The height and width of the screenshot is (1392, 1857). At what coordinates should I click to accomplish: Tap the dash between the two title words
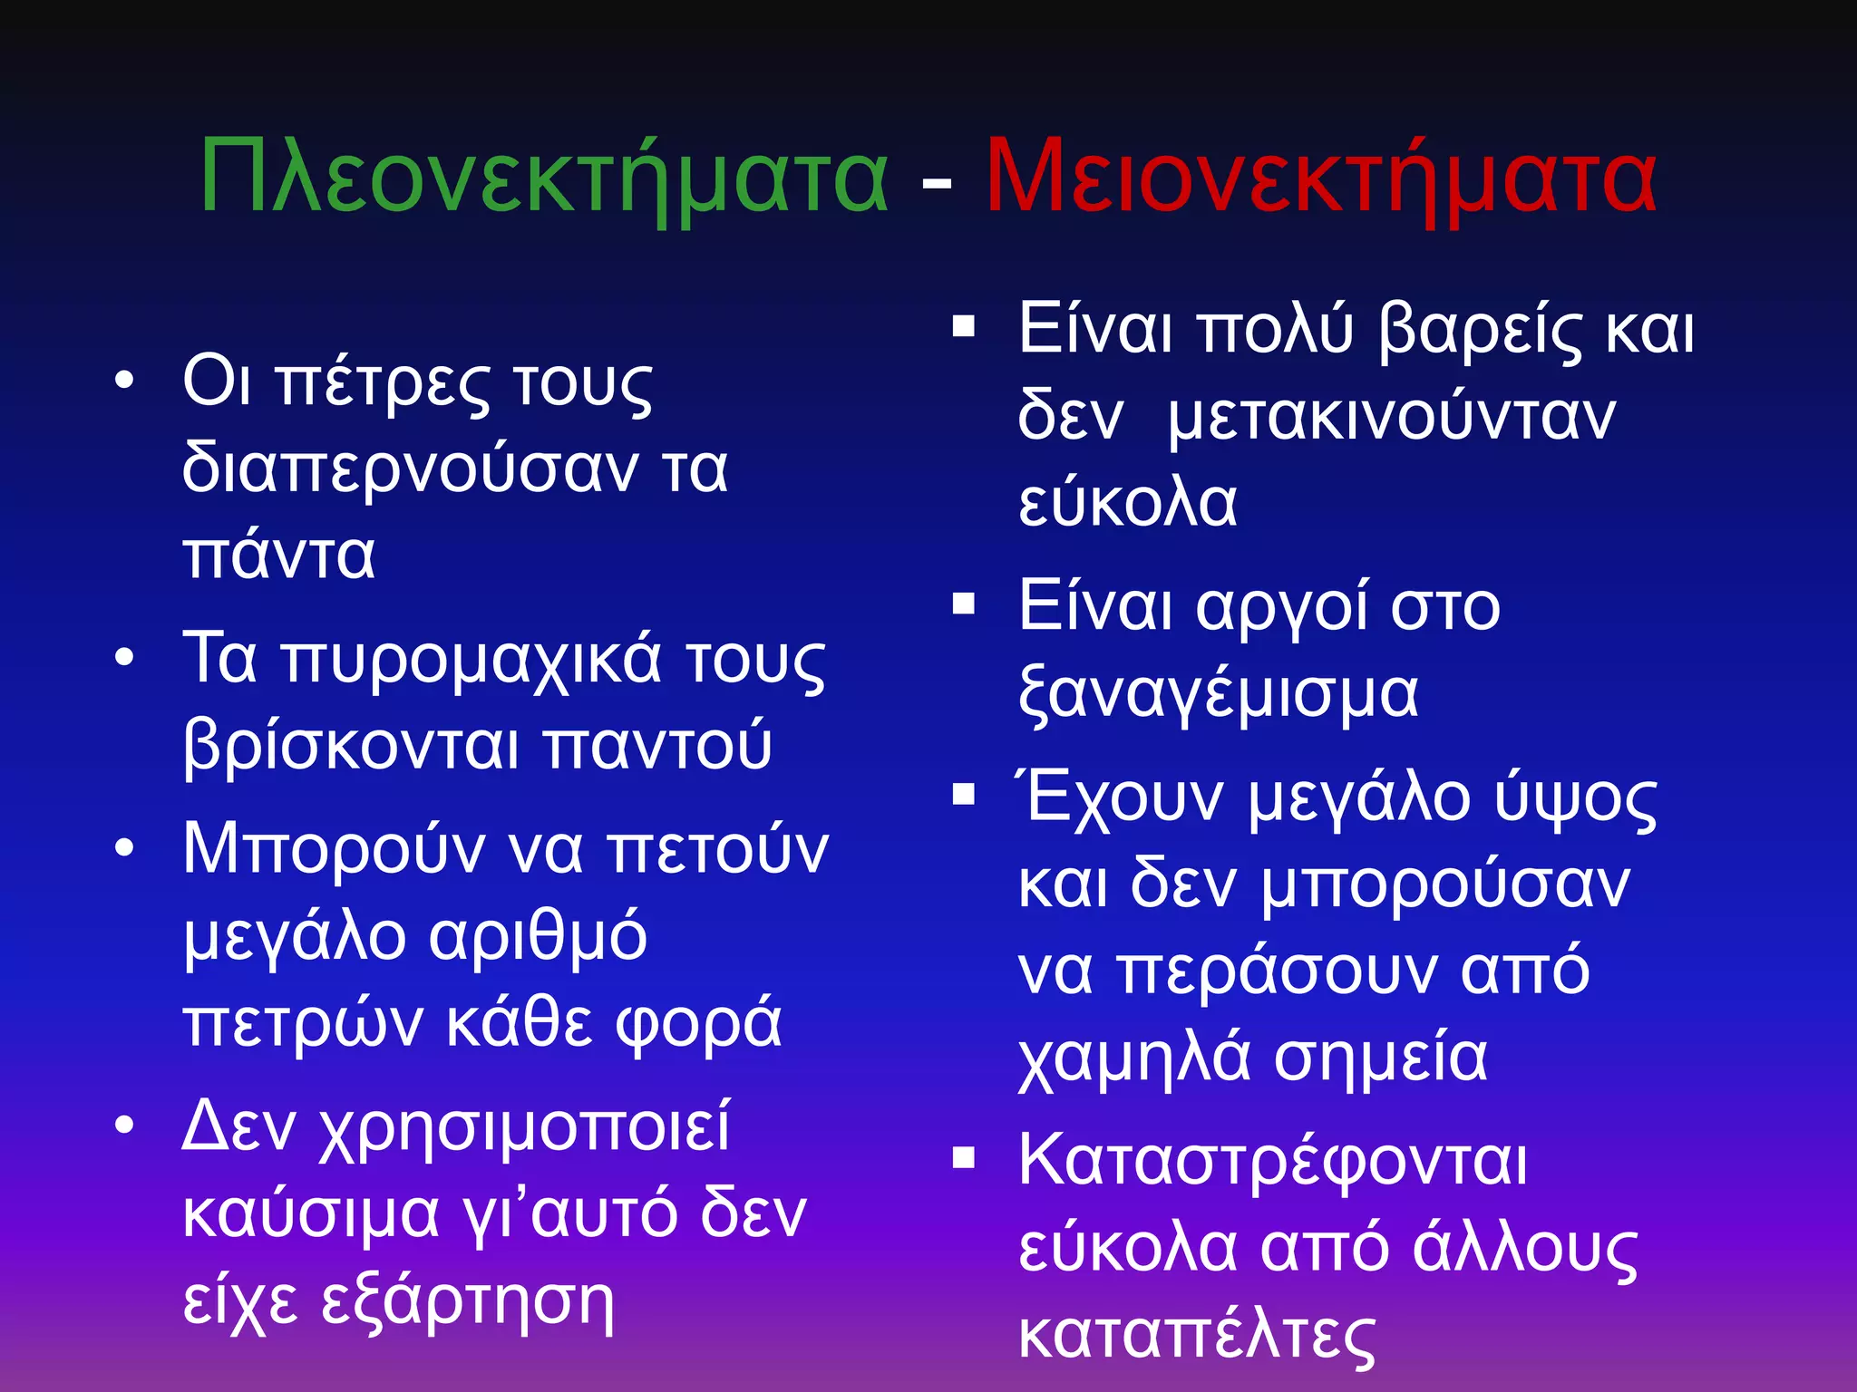point(937,184)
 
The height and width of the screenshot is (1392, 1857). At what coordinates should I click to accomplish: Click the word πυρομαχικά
point(472,660)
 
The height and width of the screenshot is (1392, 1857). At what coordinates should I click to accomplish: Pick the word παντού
point(658,747)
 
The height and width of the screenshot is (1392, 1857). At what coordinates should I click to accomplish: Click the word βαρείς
point(1480,330)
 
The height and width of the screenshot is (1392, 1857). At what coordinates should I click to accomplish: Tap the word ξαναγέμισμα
point(1219,694)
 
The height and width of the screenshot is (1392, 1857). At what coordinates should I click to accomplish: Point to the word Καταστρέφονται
point(1273,1162)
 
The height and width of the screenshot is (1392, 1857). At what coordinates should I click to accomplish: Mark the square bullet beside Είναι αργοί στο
point(963,604)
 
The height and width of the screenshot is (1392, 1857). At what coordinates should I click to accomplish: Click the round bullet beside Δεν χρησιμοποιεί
point(125,1126)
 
